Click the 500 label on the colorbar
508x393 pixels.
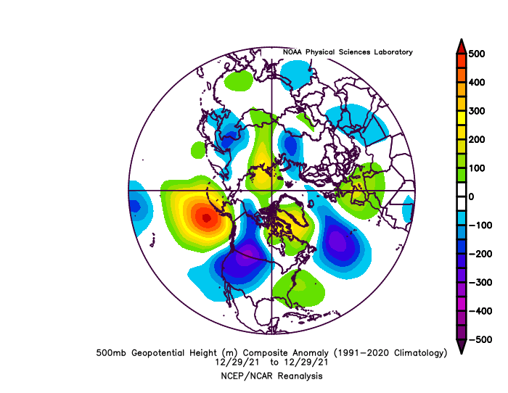476,54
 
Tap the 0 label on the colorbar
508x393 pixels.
470,196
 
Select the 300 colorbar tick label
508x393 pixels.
476,111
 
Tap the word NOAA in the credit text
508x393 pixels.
293,52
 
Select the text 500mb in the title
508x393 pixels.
111,353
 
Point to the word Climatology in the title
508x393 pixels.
414,353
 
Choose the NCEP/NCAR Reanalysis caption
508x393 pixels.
272,376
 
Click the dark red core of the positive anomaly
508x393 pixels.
207,217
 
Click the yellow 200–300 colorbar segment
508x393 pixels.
460,125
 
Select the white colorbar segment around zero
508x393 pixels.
460,196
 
